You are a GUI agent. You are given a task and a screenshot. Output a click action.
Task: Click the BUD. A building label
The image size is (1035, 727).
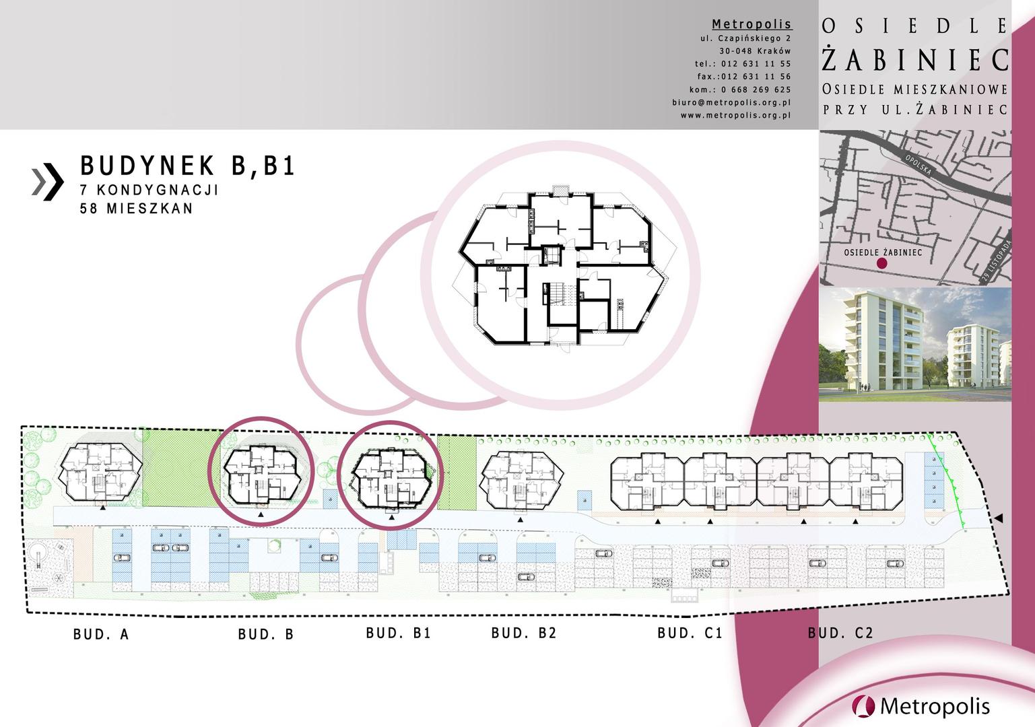pyautogui.click(x=101, y=634)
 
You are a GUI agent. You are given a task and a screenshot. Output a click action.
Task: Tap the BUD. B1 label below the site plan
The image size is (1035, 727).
pyautogui.click(x=398, y=633)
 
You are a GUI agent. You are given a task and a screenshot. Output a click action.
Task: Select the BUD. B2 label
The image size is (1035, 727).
pyautogui.click(x=523, y=633)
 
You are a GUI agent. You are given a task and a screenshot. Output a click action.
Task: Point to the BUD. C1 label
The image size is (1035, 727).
pyautogui.click(x=690, y=633)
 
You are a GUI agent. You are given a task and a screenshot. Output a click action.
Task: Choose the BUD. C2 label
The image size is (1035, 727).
pyautogui.click(x=840, y=633)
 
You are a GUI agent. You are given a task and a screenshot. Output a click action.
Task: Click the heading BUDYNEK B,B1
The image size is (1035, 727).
pyautogui.click(x=188, y=166)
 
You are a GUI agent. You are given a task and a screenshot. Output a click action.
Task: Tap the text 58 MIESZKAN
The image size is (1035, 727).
pyautogui.click(x=136, y=208)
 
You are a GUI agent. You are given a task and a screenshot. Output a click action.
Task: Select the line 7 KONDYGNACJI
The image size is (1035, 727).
pyautogui.click(x=149, y=190)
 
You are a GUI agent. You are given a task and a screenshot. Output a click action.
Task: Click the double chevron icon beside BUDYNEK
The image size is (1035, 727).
pyautogui.click(x=48, y=182)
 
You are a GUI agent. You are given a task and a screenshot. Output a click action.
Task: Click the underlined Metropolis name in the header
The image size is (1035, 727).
pyautogui.click(x=752, y=24)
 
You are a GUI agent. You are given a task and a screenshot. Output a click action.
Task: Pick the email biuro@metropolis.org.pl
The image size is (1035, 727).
pyautogui.click(x=731, y=102)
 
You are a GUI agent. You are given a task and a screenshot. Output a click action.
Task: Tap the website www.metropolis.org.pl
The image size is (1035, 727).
pyautogui.click(x=735, y=116)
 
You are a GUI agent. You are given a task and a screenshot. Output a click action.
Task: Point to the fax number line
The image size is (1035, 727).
pyautogui.click(x=744, y=77)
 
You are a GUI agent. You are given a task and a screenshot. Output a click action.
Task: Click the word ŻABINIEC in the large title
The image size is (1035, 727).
pyautogui.click(x=915, y=60)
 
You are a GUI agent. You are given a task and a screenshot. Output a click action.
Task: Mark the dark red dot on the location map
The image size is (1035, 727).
pyautogui.click(x=882, y=263)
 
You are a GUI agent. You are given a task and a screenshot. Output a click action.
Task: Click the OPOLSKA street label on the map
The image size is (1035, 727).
pyautogui.click(x=918, y=165)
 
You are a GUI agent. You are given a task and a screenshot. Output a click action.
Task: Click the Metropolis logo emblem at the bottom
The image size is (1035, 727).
pyautogui.click(x=863, y=707)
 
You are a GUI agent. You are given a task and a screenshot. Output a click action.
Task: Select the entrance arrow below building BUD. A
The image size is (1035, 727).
pyautogui.click(x=102, y=508)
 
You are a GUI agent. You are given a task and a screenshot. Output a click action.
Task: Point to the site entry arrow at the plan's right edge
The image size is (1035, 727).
pyautogui.click(x=999, y=518)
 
